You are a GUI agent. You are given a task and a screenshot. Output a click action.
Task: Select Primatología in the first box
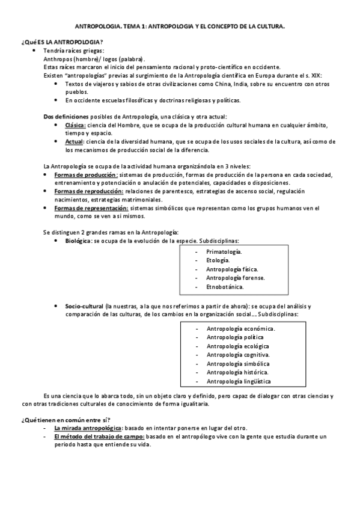pyautogui.click(x=224, y=251)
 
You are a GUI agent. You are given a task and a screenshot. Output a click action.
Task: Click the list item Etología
pyautogui.click(x=217, y=260)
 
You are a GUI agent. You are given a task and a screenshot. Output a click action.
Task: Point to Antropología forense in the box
pyautogui.click(x=235, y=278)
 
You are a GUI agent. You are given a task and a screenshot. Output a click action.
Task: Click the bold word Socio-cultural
pyautogui.click(x=84, y=306)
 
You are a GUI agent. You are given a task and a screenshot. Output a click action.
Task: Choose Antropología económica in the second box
pyautogui.click(x=240, y=328)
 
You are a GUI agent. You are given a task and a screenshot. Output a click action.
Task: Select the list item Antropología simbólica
pyautogui.click(x=237, y=364)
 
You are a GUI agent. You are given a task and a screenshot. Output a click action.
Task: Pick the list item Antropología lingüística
pyautogui.click(x=238, y=381)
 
